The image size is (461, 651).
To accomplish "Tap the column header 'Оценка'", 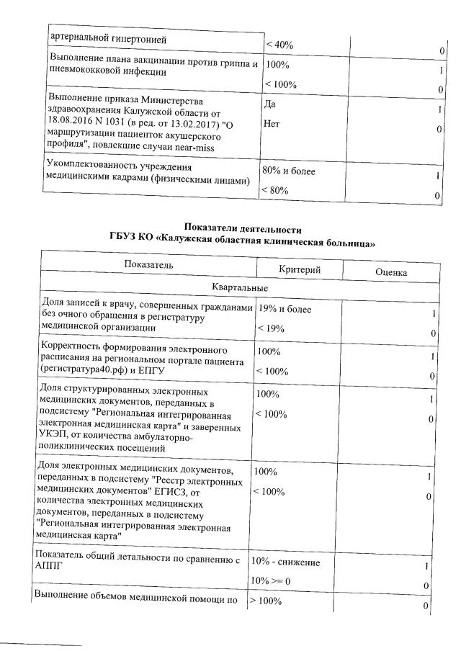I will point(391,273).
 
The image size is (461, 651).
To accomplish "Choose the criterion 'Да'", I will point(271,104).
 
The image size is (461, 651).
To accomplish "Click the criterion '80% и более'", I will point(289,171).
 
